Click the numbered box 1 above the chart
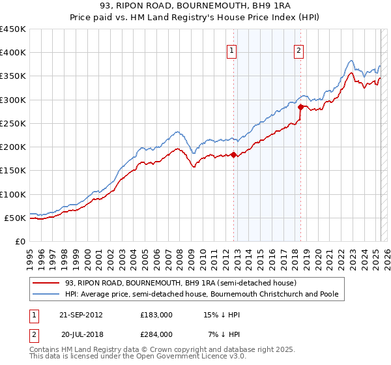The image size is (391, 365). pos(231,51)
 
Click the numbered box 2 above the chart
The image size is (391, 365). pos(298,51)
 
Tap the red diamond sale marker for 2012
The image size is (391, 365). pos(234,154)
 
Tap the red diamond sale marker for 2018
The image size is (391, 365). pos(300,107)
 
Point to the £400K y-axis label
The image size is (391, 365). pos(13,53)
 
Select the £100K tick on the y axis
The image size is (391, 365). pos(13,194)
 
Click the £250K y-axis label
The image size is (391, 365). pos(13,123)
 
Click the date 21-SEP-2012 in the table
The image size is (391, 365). pos(81,315)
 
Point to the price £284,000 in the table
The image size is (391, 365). pos(156,334)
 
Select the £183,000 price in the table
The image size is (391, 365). pos(156,315)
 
